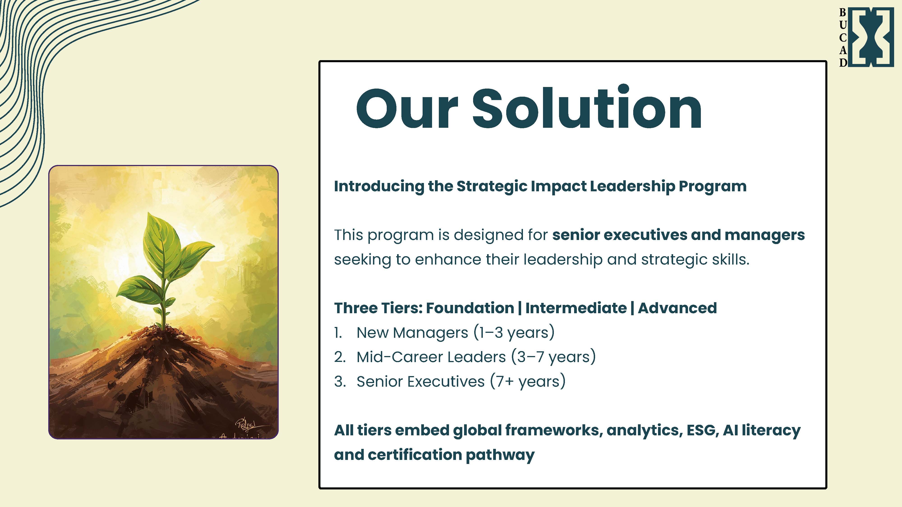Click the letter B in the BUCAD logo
tap(843, 13)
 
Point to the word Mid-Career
tap(396, 357)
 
